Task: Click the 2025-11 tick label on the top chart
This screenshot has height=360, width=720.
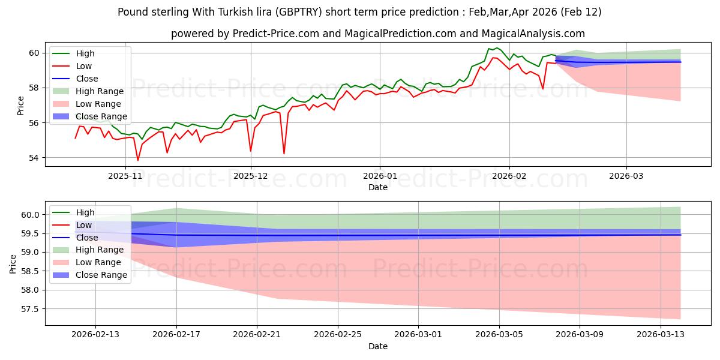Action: pos(125,176)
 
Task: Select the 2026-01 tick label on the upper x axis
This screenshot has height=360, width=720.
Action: pos(379,176)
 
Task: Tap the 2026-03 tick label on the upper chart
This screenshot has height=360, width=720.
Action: pos(626,176)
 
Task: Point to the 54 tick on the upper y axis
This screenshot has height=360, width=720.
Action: pos(35,158)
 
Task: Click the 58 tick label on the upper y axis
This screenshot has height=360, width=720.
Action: pos(35,88)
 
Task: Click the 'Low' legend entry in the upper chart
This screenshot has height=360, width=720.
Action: pos(84,66)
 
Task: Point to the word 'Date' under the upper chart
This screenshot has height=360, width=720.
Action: pos(378,187)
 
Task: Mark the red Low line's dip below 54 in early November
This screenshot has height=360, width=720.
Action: pos(138,160)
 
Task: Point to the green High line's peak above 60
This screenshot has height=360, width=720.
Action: pos(496,47)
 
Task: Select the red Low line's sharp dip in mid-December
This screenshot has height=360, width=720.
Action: pos(284,154)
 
